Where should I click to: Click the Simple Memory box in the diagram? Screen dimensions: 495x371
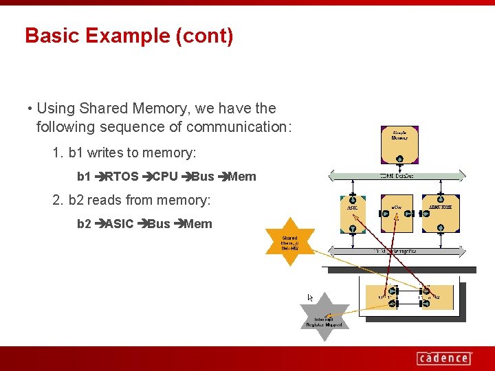pyautogui.click(x=399, y=140)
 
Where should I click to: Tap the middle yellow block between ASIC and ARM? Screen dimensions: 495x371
pyautogui.click(x=397, y=213)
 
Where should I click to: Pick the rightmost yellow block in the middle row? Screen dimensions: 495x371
pyautogui.click(x=440, y=213)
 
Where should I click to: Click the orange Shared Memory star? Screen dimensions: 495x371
pyautogui.click(x=290, y=243)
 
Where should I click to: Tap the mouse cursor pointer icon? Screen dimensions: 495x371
pyautogui.click(x=310, y=297)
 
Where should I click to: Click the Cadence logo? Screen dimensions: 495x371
pyautogui.click(x=443, y=358)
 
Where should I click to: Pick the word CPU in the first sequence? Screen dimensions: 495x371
pyautogui.click(x=164, y=177)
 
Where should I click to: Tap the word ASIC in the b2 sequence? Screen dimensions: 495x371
pyautogui.click(x=119, y=224)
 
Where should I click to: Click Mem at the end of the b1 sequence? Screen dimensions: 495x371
pyautogui.click(x=241, y=177)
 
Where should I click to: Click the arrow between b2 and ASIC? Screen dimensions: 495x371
pyautogui.click(x=100, y=224)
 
